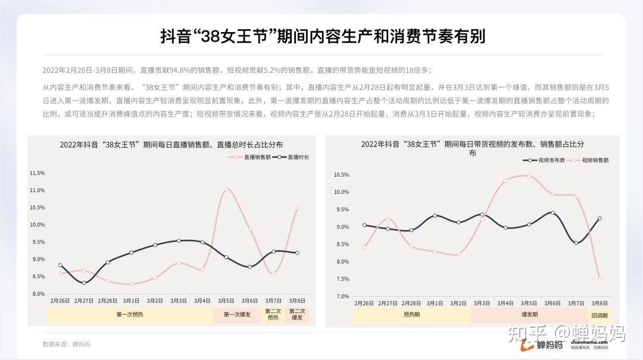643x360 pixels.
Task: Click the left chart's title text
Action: pos(171,145)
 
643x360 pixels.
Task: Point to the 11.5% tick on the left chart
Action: pos(37,173)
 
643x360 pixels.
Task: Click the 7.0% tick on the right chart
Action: pos(341,296)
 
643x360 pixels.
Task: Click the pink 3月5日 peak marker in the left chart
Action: pos(226,189)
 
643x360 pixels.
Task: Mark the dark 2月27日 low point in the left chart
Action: pos(84,283)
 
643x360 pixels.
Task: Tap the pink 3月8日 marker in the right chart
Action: pos(600,278)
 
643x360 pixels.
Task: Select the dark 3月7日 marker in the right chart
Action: pos(576,243)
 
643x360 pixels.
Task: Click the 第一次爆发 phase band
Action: pos(238,315)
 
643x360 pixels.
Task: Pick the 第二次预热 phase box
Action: pos(273,315)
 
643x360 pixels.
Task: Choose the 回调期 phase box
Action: pos(598,315)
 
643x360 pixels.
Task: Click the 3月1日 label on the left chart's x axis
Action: pos(131,301)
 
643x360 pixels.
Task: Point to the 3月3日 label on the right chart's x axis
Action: pos(482,303)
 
